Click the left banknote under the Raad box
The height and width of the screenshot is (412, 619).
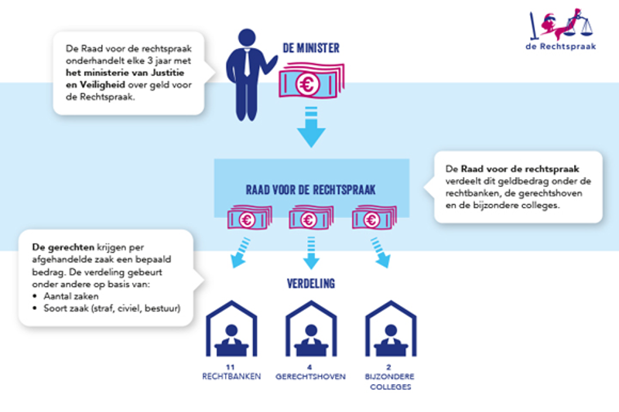pos(248,219)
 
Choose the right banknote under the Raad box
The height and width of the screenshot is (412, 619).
pos(374,219)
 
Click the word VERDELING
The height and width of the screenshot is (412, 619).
pos(311,284)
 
